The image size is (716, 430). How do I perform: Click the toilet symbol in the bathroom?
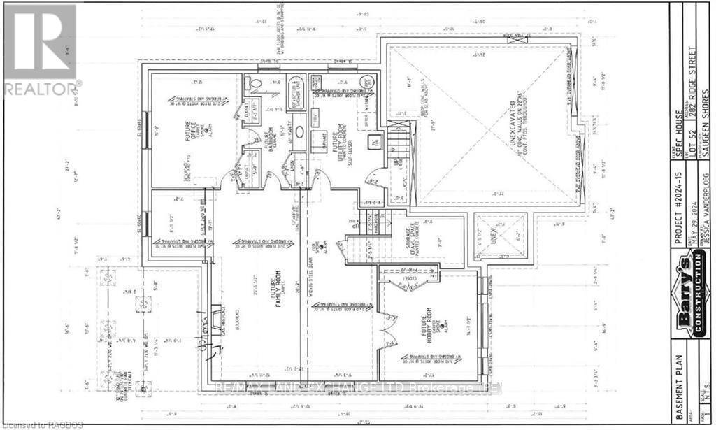[x=256, y=83]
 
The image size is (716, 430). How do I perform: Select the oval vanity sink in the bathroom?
[x=299, y=131]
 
